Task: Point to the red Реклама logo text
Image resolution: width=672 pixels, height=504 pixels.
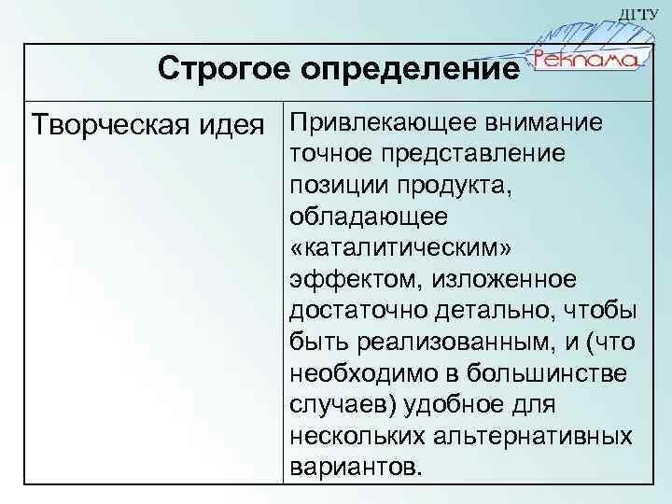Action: coord(585,60)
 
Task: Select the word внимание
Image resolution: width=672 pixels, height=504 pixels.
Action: coord(543,123)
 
